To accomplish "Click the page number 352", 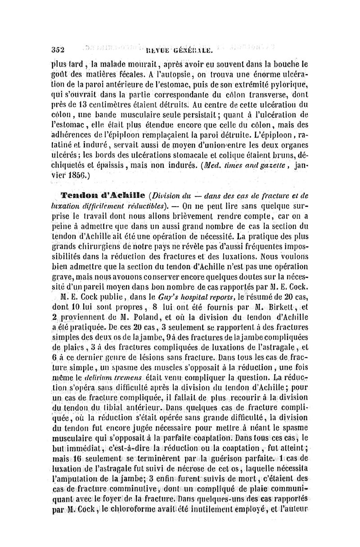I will point(58,50).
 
